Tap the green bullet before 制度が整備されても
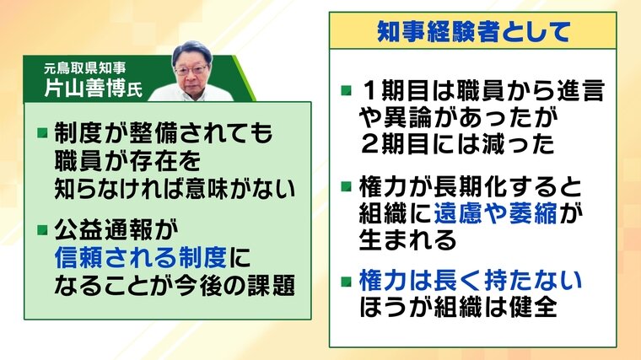(43, 133)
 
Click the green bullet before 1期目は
(347, 90)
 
